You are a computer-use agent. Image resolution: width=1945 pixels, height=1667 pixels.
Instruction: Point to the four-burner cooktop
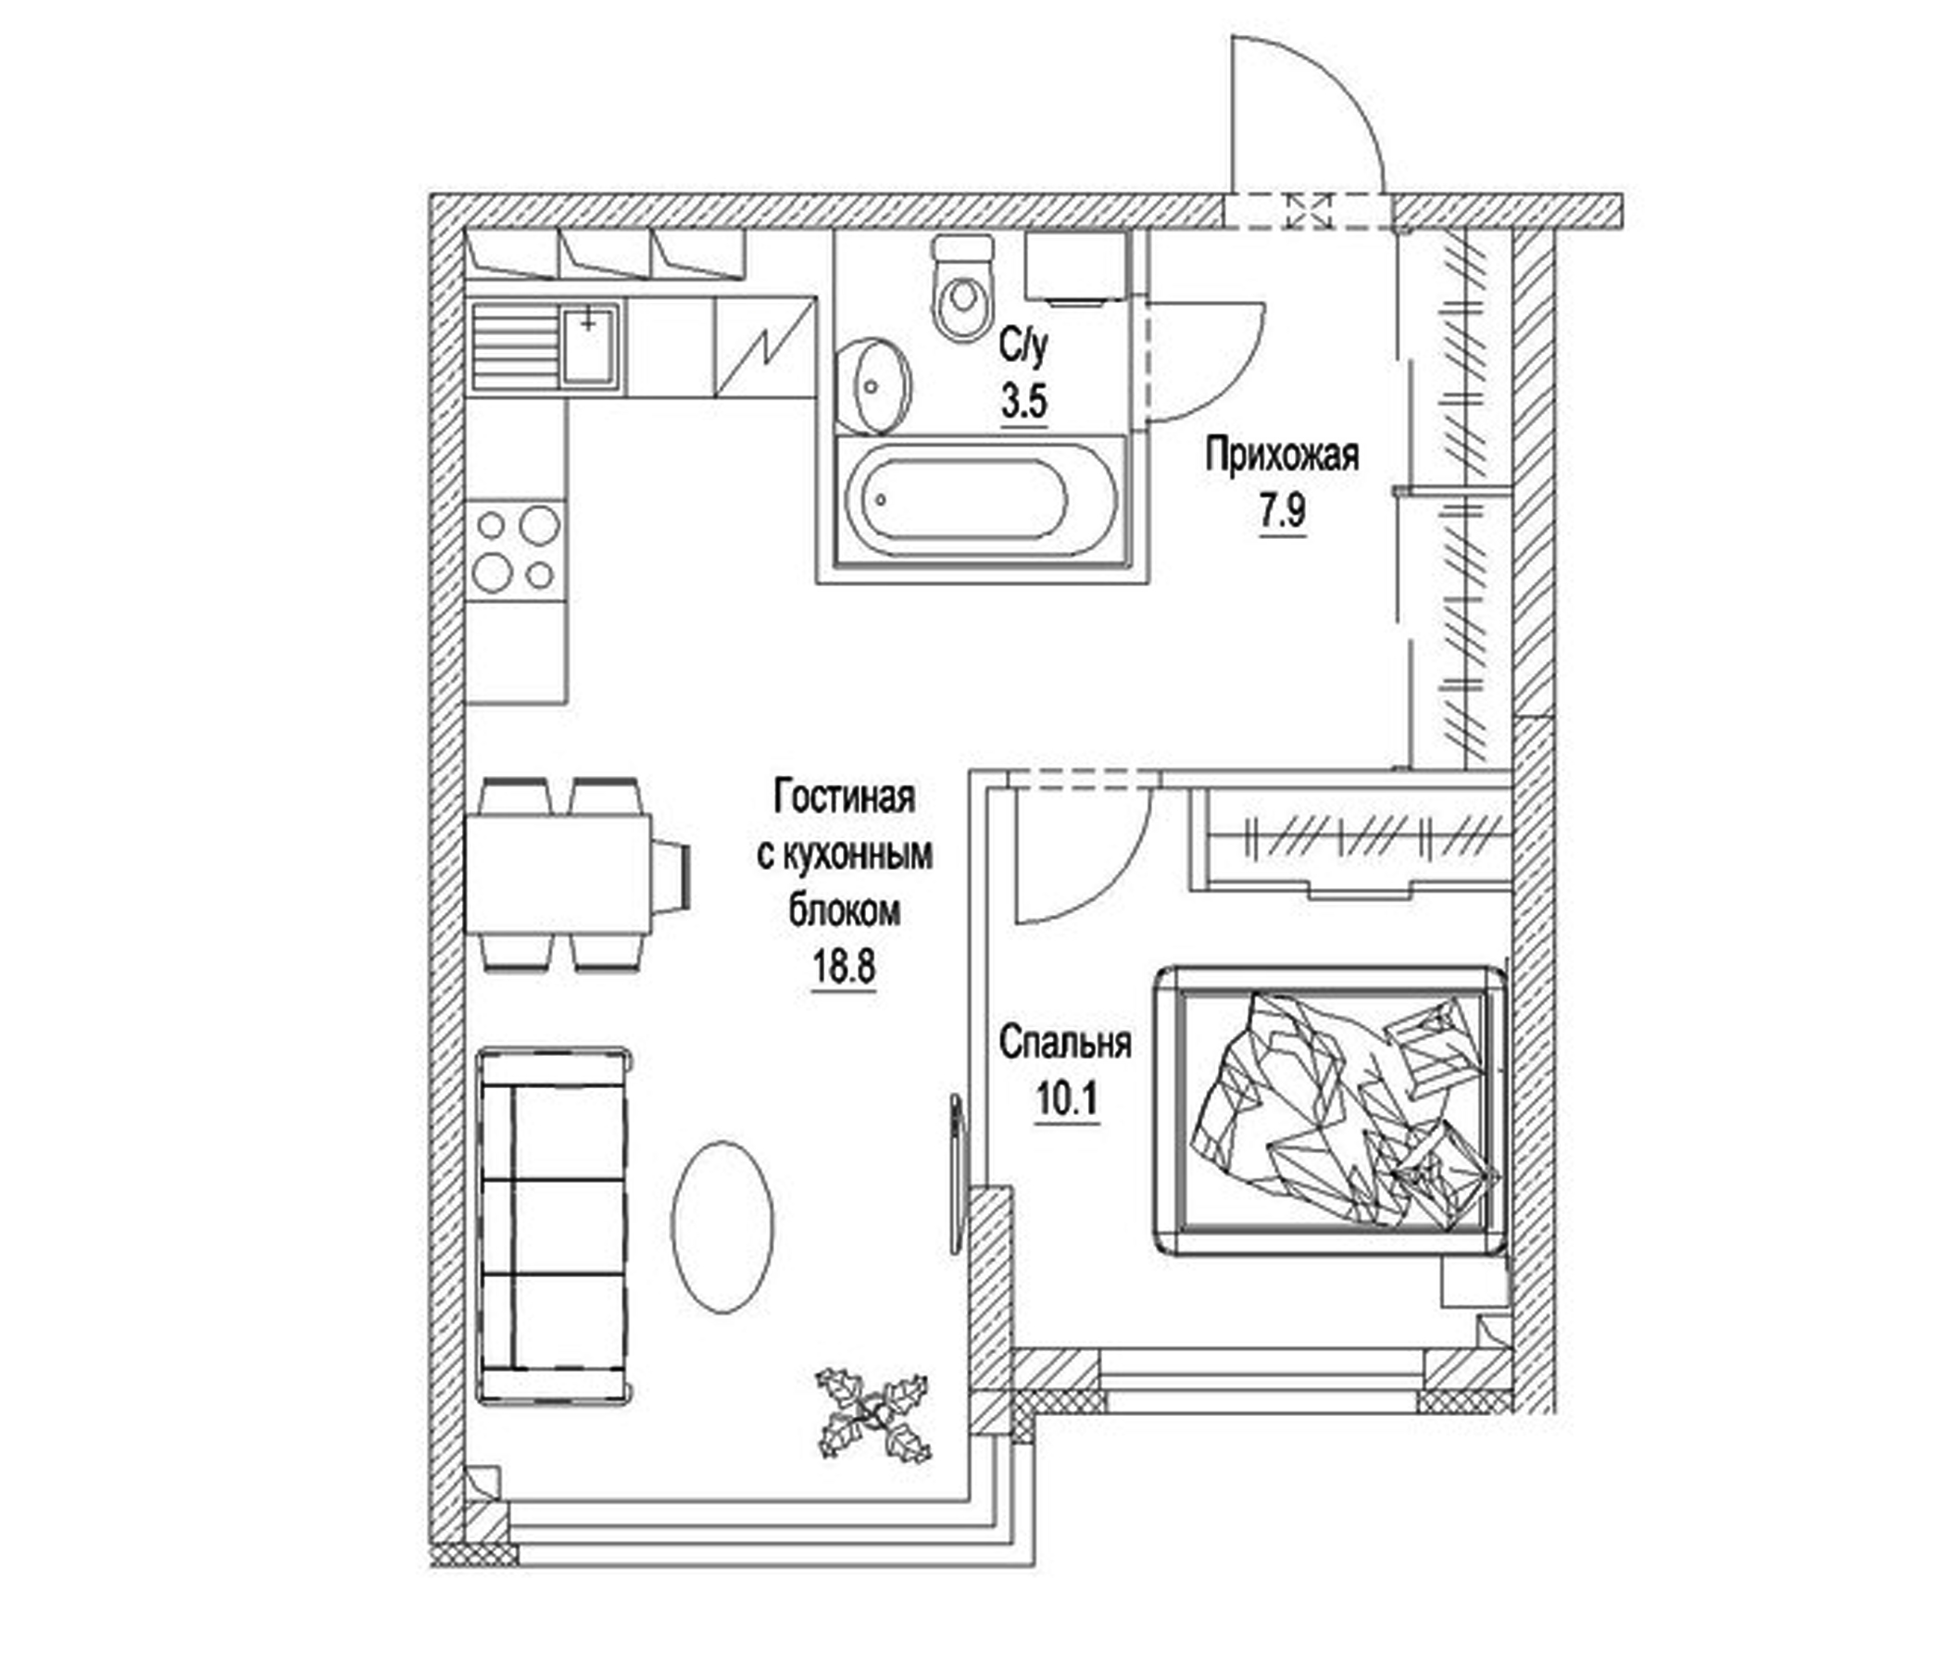click(516, 548)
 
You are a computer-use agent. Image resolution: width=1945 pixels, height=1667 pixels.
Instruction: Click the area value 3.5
click(1023, 403)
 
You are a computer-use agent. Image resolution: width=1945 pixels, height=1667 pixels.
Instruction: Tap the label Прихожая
click(1281, 457)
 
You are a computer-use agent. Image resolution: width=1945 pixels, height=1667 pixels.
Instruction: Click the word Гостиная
click(844, 798)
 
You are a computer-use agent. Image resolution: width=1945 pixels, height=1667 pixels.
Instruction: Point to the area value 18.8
click(843, 967)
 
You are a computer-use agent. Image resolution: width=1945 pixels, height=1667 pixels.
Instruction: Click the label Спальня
click(1064, 1043)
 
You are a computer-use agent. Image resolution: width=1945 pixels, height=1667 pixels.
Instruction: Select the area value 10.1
click(1066, 1099)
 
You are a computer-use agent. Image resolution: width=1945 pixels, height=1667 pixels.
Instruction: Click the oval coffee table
click(722, 1227)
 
